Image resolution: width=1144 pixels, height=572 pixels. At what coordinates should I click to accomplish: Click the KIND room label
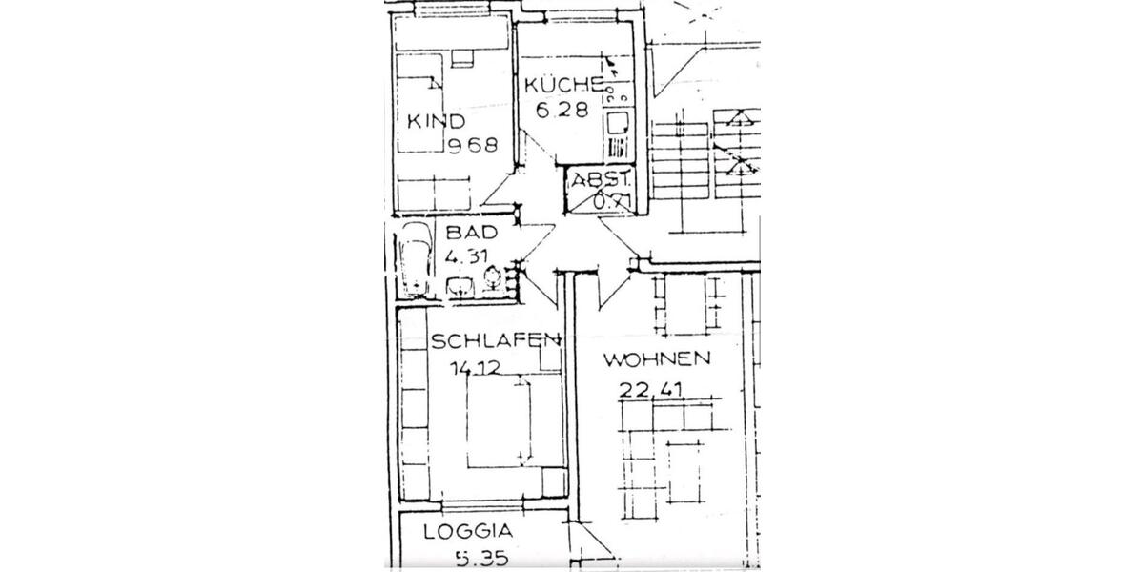tap(436, 121)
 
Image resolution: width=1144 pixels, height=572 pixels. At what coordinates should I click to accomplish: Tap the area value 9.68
tap(474, 145)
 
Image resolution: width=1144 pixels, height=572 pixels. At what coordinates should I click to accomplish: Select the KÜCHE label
tap(563, 85)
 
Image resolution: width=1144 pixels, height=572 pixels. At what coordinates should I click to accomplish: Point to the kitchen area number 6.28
tap(557, 110)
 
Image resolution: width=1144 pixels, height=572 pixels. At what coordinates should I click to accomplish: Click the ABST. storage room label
tap(601, 179)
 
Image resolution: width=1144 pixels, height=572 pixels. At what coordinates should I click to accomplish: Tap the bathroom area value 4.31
tap(467, 255)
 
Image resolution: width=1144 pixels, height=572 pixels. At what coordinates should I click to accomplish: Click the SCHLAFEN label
tap(494, 340)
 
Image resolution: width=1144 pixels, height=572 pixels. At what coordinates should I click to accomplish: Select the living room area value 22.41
tap(652, 388)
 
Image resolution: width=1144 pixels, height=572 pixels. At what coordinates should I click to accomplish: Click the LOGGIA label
tap(469, 532)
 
